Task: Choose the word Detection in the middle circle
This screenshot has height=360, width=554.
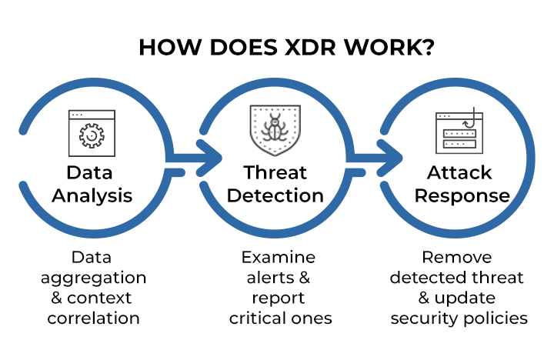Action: pyautogui.click(x=275, y=195)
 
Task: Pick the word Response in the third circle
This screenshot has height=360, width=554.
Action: pyautogui.click(x=462, y=195)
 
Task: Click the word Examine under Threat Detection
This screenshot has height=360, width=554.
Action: pyautogui.click(x=279, y=257)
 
